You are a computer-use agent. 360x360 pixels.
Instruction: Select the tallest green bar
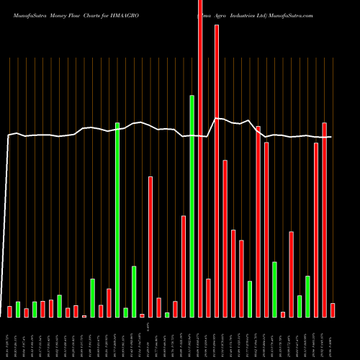[x=192, y=206]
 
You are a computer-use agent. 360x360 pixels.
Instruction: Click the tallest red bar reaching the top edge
[x=200, y=158]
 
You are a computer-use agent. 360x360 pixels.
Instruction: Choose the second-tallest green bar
[x=117, y=220]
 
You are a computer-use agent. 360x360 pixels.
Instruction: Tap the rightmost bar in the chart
[x=333, y=310]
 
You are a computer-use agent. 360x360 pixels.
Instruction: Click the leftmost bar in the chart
[x=10, y=311]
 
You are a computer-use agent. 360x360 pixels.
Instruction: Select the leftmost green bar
[x=18, y=309]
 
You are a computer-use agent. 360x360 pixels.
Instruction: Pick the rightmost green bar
[x=307, y=296]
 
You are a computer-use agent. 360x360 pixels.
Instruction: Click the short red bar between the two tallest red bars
[x=208, y=297]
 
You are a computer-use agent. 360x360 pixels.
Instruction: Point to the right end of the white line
[x=331, y=137]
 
